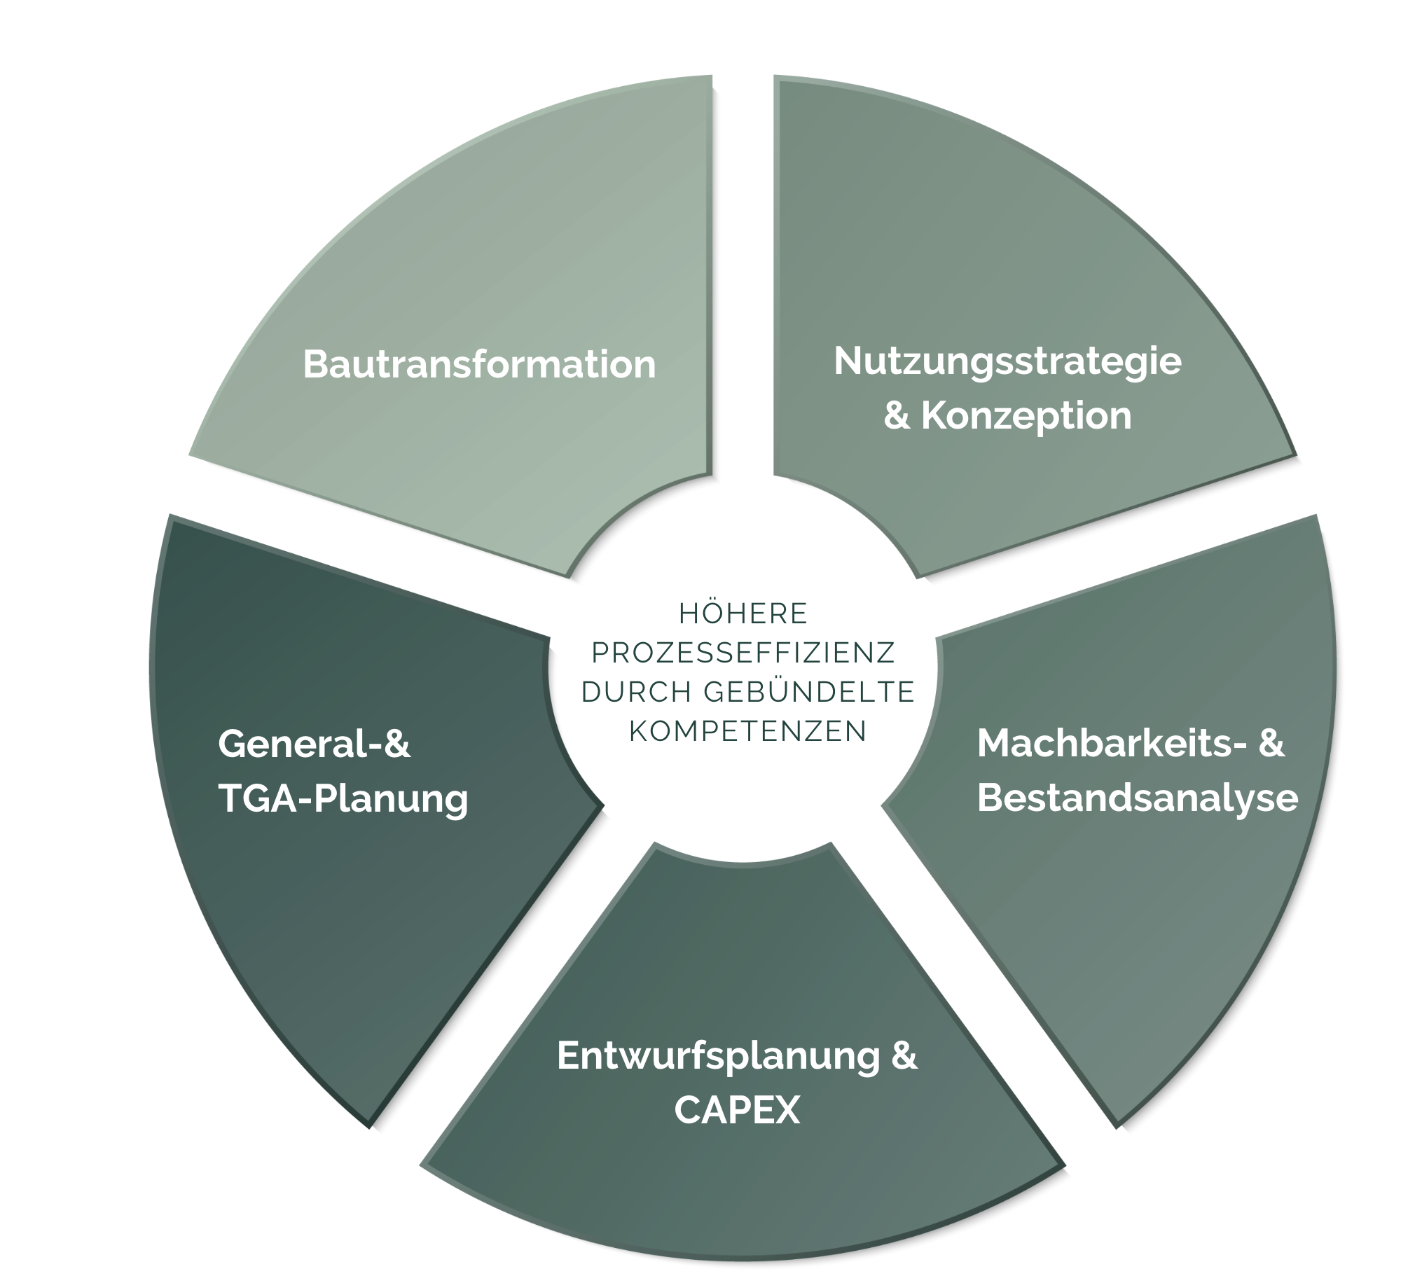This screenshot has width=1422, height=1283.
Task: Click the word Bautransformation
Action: click(478, 364)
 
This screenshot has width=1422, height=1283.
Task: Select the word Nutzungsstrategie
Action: click(1007, 361)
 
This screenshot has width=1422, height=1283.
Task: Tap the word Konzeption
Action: click(1026, 415)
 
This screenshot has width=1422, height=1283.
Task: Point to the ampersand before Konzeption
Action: click(896, 415)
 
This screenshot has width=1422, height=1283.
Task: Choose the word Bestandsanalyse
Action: click(1136, 798)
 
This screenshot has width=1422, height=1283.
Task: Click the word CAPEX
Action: click(737, 1110)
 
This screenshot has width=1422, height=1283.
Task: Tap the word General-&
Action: click(314, 744)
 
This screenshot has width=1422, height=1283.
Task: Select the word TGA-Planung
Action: click(343, 798)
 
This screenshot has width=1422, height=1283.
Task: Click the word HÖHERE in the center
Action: click(743, 613)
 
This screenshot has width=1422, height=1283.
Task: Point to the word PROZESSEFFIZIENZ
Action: click(743, 653)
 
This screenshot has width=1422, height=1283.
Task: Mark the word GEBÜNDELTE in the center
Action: click(808, 692)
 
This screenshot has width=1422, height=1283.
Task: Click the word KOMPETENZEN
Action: click(747, 731)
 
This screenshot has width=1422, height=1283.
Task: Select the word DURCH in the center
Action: click(637, 692)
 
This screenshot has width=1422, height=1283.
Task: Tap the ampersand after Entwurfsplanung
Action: click(904, 1056)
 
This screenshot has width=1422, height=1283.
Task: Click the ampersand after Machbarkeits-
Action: click(1271, 744)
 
